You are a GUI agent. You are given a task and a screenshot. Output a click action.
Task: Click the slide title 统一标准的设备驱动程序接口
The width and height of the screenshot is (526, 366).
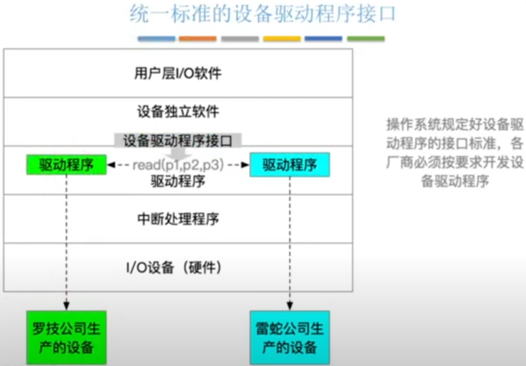pyautogui.click(x=263, y=15)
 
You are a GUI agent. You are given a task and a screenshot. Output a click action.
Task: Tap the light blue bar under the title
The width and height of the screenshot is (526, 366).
pyautogui.click(x=157, y=39)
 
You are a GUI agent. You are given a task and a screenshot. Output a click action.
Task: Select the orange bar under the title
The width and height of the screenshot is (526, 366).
pyautogui.click(x=198, y=39)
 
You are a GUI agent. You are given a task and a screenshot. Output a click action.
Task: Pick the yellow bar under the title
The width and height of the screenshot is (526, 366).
pyautogui.click(x=282, y=39)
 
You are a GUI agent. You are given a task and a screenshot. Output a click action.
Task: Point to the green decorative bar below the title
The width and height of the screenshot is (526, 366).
pyautogui.click(x=366, y=39)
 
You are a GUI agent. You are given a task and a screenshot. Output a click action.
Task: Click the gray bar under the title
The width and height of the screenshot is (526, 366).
pyautogui.click(x=240, y=39)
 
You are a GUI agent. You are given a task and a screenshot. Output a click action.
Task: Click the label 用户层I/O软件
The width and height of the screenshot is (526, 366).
pyautogui.click(x=178, y=74)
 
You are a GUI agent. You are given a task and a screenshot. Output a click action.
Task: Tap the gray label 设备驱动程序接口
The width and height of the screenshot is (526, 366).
pyautogui.click(x=178, y=140)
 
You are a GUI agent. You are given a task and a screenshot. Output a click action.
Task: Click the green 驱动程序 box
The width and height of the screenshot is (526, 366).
pyautogui.click(x=66, y=165)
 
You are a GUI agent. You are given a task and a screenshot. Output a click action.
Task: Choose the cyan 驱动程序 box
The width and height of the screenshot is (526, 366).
pyautogui.click(x=290, y=165)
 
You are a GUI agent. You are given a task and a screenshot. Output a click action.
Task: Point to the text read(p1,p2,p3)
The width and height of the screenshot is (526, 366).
pyautogui.click(x=178, y=165)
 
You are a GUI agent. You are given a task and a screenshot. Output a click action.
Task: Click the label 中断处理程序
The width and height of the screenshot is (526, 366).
pyautogui.click(x=178, y=219)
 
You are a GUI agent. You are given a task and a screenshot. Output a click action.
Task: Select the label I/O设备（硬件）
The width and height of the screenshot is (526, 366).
pyautogui.click(x=178, y=267)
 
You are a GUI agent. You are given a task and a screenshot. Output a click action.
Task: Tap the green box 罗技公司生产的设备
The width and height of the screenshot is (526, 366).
pyautogui.click(x=66, y=338)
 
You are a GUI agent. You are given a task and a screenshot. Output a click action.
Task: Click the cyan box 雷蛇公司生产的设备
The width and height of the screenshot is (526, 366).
pyautogui.click(x=290, y=338)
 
